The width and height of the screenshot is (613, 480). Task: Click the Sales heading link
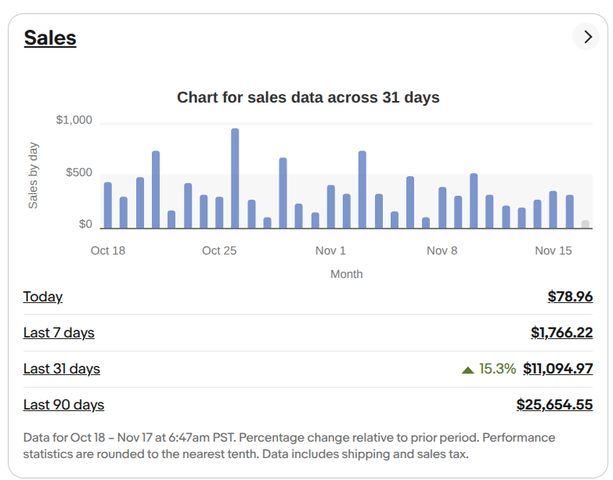pyautogui.click(x=50, y=38)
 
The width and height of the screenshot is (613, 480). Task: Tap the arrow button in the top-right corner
pyautogui.click(x=586, y=36)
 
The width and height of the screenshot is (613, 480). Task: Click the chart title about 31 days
pyautogui.click(x=308, y=98)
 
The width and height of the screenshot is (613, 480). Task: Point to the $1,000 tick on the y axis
pyautogui.click(x=74, y=121)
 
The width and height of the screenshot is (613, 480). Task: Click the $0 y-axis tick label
pyautogui.click(x=85, y=225)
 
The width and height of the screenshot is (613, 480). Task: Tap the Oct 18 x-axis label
pyautogui.click(x=108, y=251)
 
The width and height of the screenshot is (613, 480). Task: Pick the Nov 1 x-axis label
pyautogui.click(x=330, y=251)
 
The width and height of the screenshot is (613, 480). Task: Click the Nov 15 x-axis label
pyautogui.click(x=554, y=251)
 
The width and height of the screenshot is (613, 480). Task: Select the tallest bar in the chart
pyautogui.click(x=235, y=179)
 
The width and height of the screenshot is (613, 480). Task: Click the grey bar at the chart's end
pyautogui.click(x=586, y=224)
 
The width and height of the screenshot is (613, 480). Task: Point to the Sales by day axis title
pyautogui.click(x=34, y=175)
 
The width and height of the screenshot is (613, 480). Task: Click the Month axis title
pyautogui.click(x=346, y=274)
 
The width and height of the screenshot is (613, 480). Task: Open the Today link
pyautogui.click(x=43, y=297)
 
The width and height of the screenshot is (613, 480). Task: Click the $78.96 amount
pyautogui.click(x=570, y=297)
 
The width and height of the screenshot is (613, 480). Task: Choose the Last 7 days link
pyautogui.click(x=59, y=333)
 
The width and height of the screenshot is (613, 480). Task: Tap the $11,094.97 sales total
pyautogui.click(x=557, y=369)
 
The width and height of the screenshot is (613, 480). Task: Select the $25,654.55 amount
pyautogui.click(x=554, y=405)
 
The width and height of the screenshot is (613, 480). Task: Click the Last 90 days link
pyautogui.click(x=63, y=405)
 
